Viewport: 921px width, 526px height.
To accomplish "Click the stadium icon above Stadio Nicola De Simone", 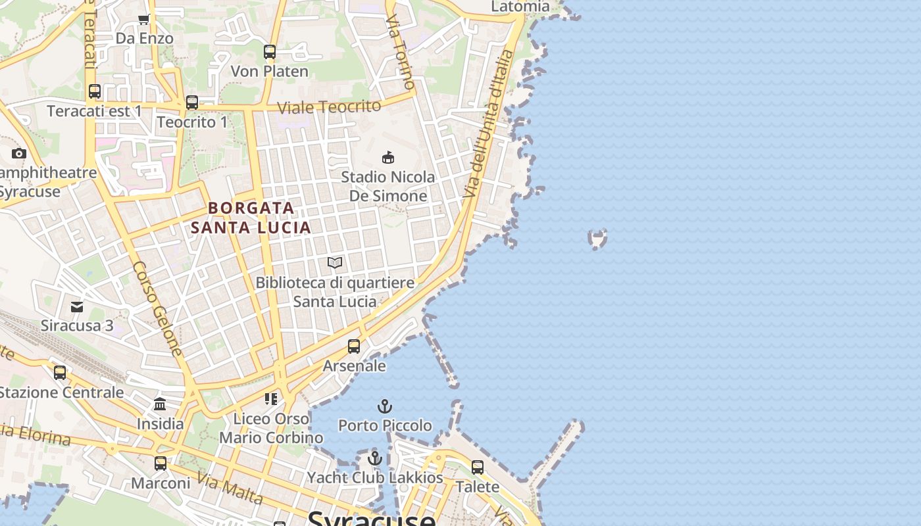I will [388, 157].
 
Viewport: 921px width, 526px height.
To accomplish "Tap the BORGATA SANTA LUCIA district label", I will [251, 218].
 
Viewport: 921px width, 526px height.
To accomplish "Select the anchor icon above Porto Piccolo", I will [385, 406].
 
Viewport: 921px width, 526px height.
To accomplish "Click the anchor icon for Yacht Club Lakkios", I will [375, 458].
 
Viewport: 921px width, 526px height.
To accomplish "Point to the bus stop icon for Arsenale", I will [354, 347].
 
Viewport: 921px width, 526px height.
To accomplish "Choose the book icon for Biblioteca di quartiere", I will [335, 263].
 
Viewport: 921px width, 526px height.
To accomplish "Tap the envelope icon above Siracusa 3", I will [77, 306].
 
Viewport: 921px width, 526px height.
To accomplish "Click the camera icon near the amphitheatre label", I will [19, 154].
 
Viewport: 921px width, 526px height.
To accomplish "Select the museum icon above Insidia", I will [160, 404].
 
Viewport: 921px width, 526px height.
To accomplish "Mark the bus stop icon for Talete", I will [478, 467].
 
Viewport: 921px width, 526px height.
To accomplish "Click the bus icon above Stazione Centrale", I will [60, 373].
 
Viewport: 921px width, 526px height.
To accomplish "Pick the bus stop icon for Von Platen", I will [270, 52].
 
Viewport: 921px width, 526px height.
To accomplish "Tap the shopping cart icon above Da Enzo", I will [144, 20].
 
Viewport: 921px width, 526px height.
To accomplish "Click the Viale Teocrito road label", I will [329, 107].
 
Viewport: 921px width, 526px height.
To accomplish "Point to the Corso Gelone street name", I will [157, 309].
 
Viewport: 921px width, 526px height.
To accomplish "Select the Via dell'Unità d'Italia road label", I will [487, 124].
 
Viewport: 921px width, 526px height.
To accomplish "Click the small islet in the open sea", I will [597, 238].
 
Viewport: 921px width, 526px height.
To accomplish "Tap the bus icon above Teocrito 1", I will [192, 103].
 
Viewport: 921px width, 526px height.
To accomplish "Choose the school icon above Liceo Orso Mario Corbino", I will [270, 398].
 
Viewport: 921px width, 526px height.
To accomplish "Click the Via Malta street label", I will [230, 489].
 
